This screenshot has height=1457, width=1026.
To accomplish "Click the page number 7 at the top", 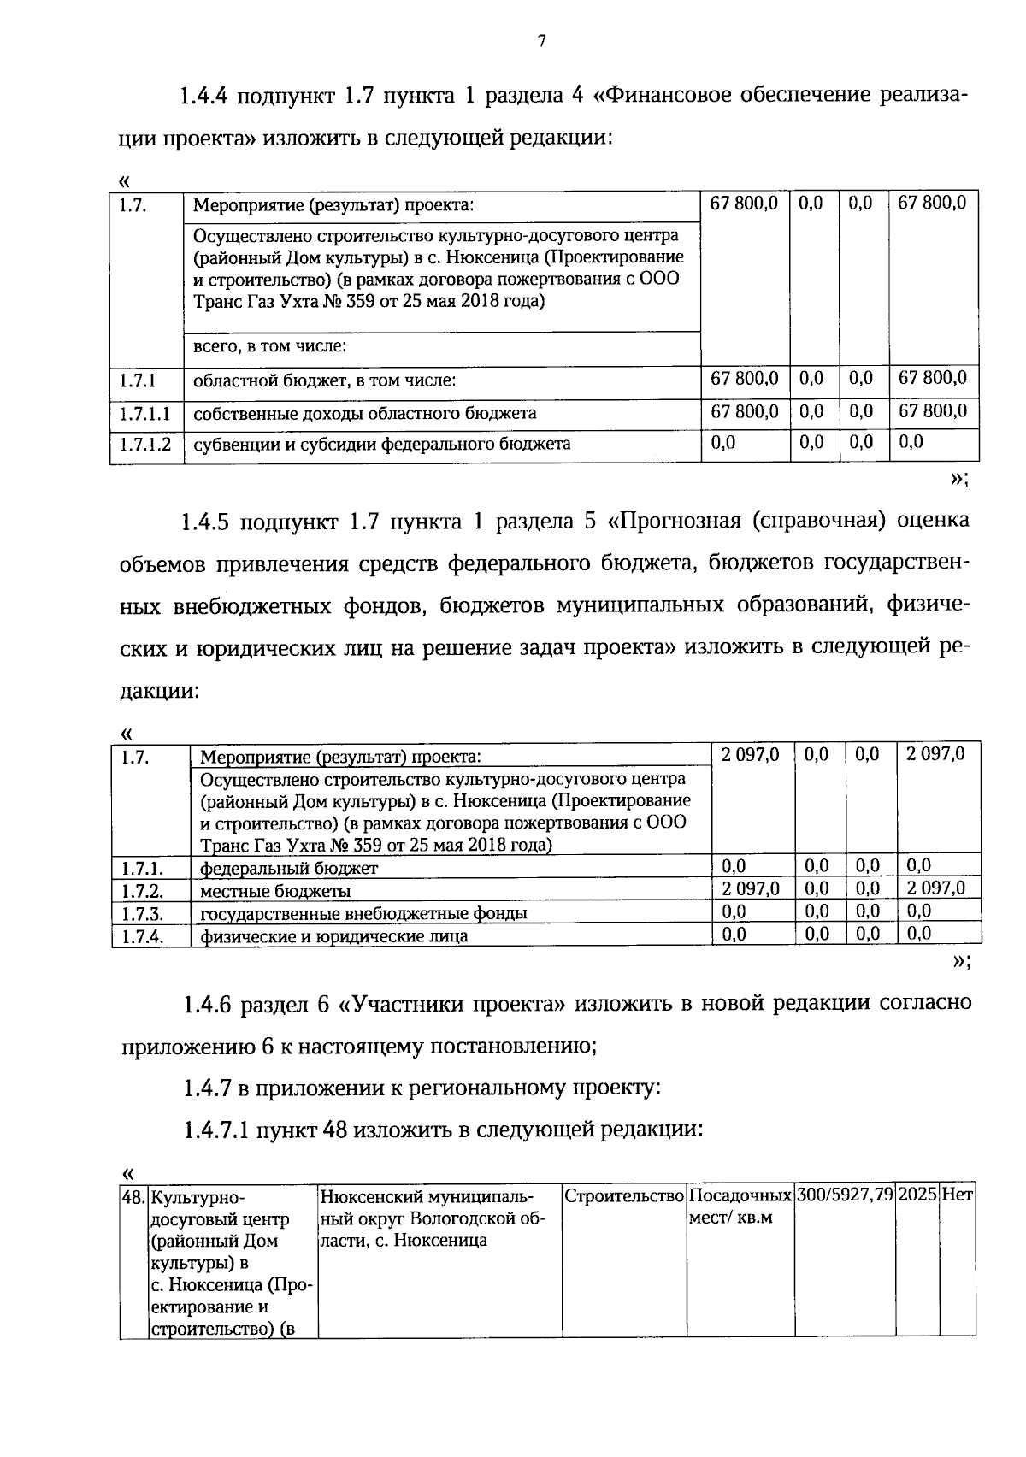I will click(541, 41).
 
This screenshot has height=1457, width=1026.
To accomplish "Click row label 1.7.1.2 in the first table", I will click(145, 445).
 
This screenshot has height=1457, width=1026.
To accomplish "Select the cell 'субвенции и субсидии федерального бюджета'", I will click(381, 444).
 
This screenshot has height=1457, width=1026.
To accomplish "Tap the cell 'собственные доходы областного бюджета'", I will click(365, 413).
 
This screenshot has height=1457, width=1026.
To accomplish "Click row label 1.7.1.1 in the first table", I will click(145, 414).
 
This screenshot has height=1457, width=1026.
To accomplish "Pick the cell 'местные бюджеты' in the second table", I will click(274, 891).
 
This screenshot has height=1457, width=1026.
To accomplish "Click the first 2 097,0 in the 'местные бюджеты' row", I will click(750, 889).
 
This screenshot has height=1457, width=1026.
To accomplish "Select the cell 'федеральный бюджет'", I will click(288, 869).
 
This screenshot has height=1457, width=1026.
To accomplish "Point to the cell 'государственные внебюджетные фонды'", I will click(363, 913).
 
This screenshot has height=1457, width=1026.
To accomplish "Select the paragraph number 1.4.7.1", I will click(216, 1130).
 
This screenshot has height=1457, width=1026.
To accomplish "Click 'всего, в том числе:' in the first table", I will click(269, 346).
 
